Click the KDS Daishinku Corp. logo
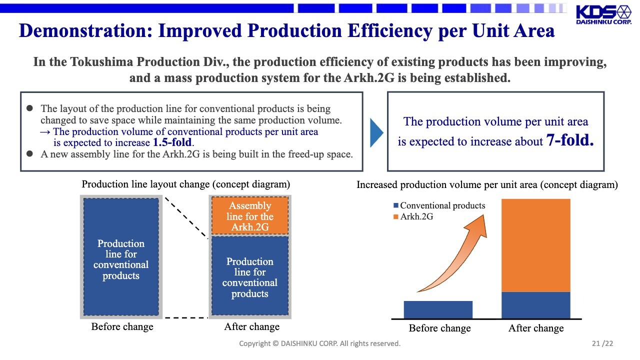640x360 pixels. coord(603,15)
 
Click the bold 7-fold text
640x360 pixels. coord(570,140)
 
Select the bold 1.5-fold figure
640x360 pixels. coord(172,142)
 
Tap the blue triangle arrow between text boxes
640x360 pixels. coord(376,133)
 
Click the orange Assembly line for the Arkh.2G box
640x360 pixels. coord(249,216)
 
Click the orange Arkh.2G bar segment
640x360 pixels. coord(535,245)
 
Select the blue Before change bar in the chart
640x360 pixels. coord(438,309)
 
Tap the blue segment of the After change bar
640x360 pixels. coord(535,305)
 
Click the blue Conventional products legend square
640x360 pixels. coord(396,205)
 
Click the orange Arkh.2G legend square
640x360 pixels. coord(396,217)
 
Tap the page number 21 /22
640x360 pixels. coord(602,343)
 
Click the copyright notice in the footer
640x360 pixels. coord(319,343)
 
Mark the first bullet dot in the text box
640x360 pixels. coord(29,108)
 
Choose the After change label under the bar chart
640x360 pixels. coord(535,328)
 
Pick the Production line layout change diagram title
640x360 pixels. coord(185,184)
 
